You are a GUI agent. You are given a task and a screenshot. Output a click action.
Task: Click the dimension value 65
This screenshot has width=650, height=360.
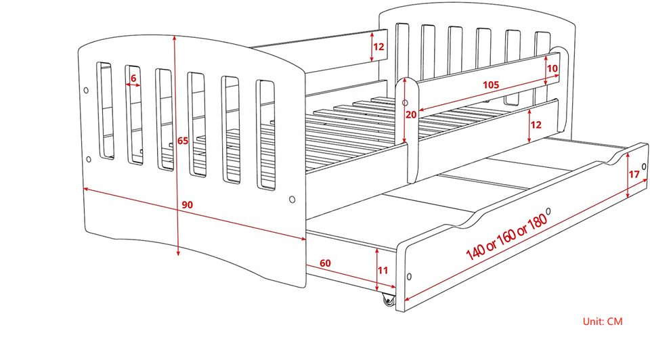click(182, 141)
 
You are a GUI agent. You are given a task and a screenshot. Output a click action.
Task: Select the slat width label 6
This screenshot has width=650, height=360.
click(133, 78)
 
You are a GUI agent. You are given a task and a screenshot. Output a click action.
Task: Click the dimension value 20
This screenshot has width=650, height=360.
click(411, 114)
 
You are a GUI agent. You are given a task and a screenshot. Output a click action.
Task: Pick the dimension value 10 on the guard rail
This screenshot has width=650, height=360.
click(552, 68)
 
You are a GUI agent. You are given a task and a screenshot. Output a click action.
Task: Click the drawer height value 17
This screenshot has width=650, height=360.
click(634, 174)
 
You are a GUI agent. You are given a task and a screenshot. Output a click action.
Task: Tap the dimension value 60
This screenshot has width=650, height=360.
click(326, 263)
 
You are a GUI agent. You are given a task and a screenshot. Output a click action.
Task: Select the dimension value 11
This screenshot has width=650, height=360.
click(383, 271)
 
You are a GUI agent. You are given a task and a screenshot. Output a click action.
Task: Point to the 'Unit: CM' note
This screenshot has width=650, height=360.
click(602, 321)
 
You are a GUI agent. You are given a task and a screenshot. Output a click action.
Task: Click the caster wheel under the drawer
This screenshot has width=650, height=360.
click(388, 299)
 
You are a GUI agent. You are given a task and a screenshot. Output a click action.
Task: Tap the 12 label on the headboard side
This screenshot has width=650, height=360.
click(378, 47)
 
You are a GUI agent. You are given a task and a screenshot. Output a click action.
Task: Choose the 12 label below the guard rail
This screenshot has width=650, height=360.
click(536, 125)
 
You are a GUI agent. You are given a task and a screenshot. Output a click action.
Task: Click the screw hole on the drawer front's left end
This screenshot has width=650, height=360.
click(409, 277)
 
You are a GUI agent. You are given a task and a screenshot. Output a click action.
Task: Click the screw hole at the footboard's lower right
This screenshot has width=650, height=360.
click(292, 200)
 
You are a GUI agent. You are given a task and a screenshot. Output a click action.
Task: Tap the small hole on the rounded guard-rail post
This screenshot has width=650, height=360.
click(405, 103)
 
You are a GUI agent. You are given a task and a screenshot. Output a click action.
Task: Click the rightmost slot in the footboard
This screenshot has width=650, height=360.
click(265, 135)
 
